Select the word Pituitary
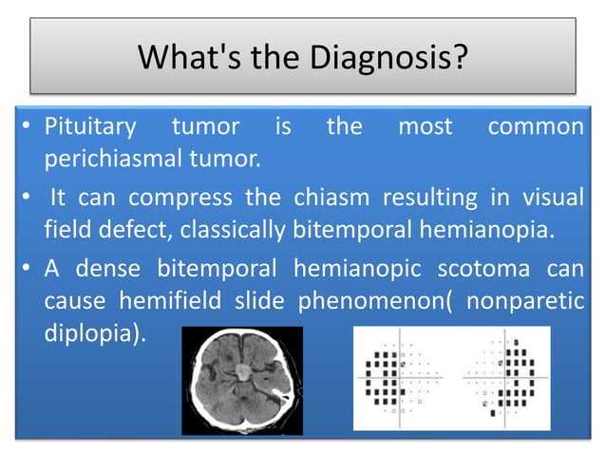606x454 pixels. click(x=92, y=127)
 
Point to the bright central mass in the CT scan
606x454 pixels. click(x=242, y=365)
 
